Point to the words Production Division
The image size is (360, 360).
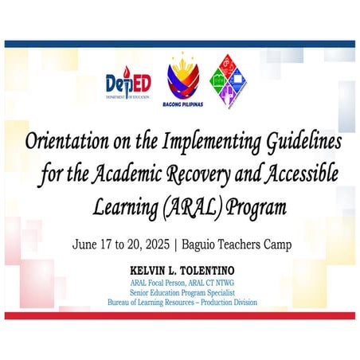(x=228, y=303)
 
